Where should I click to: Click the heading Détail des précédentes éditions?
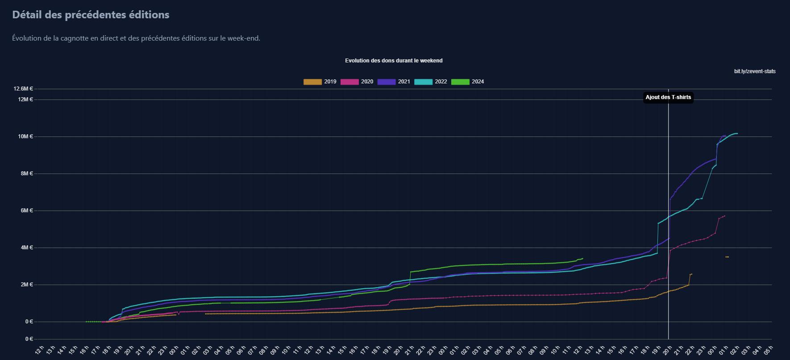coord(91,15)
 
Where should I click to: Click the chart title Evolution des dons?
coord(394,60)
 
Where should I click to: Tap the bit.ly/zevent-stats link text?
coord(755,71)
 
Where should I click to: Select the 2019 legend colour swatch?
coord(312,82)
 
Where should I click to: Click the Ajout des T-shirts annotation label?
coord(668,97)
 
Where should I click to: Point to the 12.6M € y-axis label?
coord(23,89)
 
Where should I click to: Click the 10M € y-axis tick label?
coord(25,136)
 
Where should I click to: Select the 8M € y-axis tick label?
coord(27,173)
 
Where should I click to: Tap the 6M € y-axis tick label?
coord(27,210)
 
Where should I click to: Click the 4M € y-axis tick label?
coord(27,247)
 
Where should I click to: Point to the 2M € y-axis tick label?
coord(27,284)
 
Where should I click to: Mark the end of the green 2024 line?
coord(582,258)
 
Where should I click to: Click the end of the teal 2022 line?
coord(737,133)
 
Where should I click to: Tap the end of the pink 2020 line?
coord(724,216)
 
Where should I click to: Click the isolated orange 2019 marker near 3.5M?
coord(727,257)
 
